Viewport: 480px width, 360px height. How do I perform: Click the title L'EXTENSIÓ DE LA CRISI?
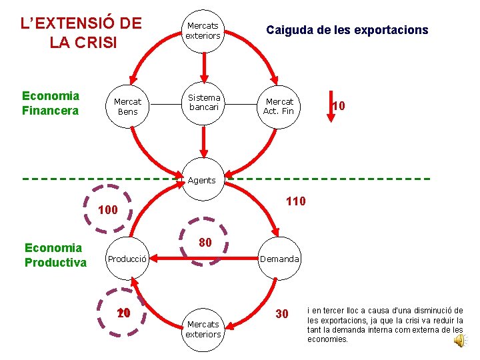81,33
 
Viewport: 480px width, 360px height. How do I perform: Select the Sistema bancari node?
203,102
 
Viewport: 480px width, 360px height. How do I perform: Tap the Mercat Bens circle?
127,107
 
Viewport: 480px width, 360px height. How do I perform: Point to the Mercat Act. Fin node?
279,107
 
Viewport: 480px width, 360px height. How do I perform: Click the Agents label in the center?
201,180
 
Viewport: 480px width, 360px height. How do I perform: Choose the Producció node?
127,259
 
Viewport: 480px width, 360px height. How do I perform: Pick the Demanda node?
280,259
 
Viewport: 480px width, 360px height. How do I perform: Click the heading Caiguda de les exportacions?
347,30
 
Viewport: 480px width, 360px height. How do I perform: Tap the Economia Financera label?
51,103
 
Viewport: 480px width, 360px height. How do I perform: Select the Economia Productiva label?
55,255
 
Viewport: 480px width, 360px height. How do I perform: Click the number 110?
295,201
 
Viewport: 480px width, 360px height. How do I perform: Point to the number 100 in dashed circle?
108,211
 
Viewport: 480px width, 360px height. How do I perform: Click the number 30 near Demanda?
281,314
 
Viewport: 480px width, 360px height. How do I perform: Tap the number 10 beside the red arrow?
339,105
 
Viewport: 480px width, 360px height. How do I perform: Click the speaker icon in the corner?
460,341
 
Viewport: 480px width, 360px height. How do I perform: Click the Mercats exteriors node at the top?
203,30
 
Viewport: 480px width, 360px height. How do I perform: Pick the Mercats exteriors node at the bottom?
203,329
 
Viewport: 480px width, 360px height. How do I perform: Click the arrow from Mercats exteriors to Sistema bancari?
203,67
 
